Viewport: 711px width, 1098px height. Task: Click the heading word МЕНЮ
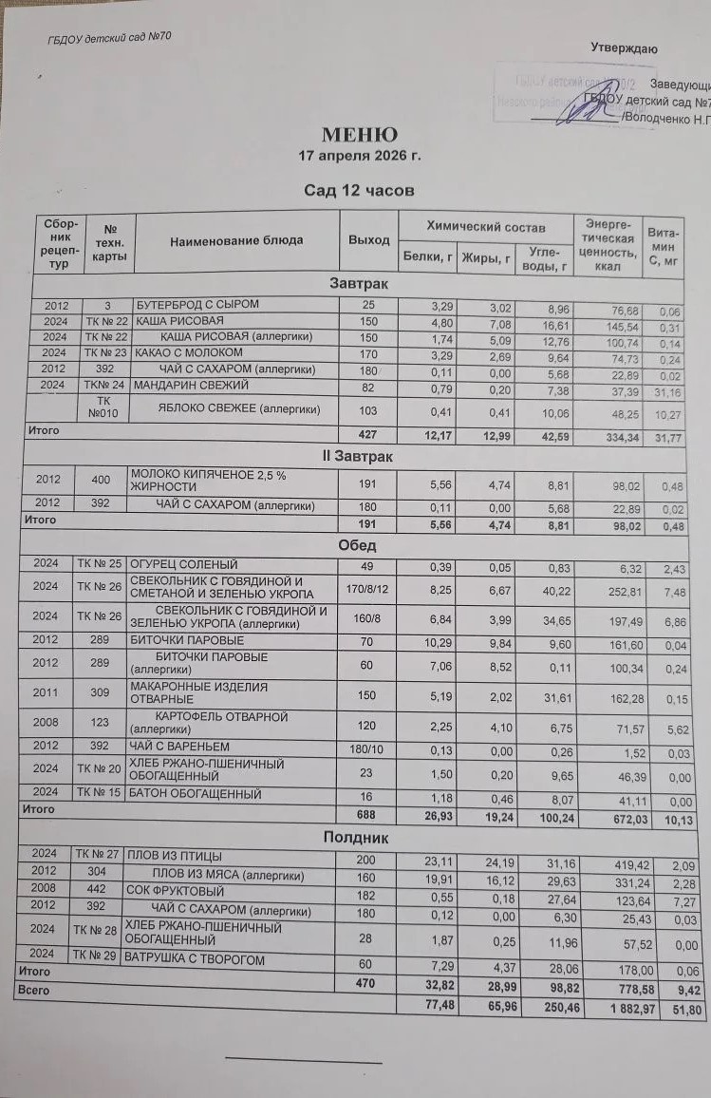coord(359,135)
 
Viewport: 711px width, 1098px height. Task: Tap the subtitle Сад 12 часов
coord(359,190)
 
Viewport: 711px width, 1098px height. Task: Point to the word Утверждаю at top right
coord(624,48)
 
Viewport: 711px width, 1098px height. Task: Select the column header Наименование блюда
coord(236,240)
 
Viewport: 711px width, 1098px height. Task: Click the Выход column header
coord(368,240)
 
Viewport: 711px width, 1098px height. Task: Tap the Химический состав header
coord(486,227)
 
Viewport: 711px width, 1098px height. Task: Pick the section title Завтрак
coord(358,283)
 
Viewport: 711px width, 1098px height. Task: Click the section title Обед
coord(357,545)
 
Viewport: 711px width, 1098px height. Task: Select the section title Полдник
coord(356,838)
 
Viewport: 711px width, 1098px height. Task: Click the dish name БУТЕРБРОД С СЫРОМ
coord(197,304)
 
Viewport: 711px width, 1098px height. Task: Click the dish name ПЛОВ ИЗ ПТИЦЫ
coord(174,856)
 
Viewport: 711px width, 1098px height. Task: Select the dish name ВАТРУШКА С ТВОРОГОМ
coord(195,960)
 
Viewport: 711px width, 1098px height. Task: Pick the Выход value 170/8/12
coord(366,588)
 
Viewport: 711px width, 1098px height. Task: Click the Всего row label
coord(32,989)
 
